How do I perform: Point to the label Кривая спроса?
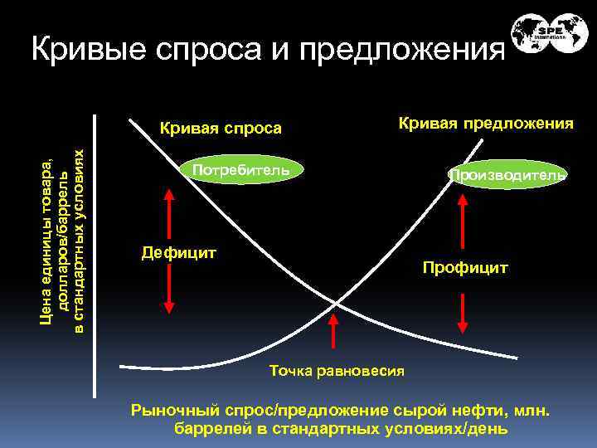coord(221,129)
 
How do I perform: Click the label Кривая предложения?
coord(486,124)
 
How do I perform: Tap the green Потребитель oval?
coord(240,170)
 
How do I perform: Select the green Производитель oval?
coord(507,175)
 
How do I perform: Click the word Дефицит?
coord(179,251)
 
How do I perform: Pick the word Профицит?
coord(464,269)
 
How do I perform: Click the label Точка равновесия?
coord(337,370)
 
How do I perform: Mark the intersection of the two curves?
coord(336,304)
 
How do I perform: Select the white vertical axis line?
coord(96,249)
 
